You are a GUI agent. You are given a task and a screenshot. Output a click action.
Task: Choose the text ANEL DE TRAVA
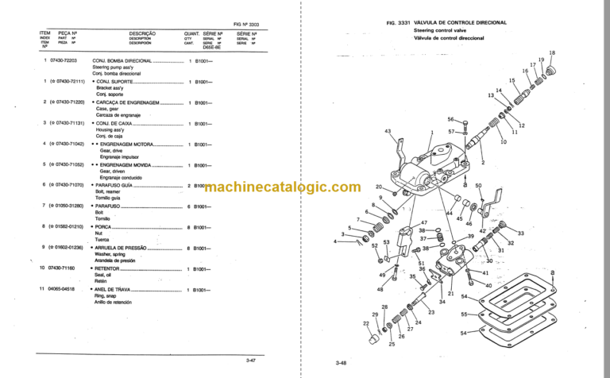(x=117, y=290)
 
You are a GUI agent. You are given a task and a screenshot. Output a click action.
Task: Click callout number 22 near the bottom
(x=366, y=323)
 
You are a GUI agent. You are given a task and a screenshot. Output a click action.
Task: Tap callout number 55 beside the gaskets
(x=463, y=314)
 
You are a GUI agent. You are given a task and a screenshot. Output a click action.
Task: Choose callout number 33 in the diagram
(x=521, y=233)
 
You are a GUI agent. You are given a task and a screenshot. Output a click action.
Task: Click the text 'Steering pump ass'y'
(x=111, y=67)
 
